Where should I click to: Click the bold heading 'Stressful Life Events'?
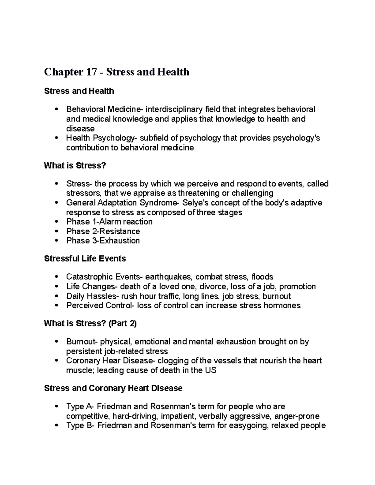pyautogui.click(x=85, y=259)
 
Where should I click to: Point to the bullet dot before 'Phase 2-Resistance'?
pyautogui.click(x=56, y=231)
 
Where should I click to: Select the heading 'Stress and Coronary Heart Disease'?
pyautogui.click(x=113, y=388)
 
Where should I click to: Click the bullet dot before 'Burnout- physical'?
pyautogui.click(x=56, y=342)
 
